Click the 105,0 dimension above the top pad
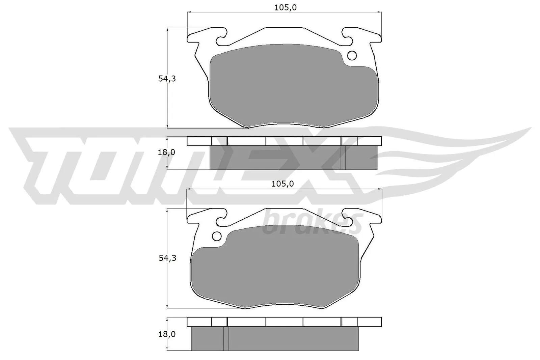285,7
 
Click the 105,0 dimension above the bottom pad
282,184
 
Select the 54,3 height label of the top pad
167,79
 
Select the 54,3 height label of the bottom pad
167,258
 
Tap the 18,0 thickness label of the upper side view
167,152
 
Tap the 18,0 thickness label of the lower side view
167,334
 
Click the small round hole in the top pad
352,55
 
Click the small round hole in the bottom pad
216,236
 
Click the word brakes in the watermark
312,223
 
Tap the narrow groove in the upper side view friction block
343,158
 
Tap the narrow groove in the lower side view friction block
226,338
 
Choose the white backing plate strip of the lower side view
284,322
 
